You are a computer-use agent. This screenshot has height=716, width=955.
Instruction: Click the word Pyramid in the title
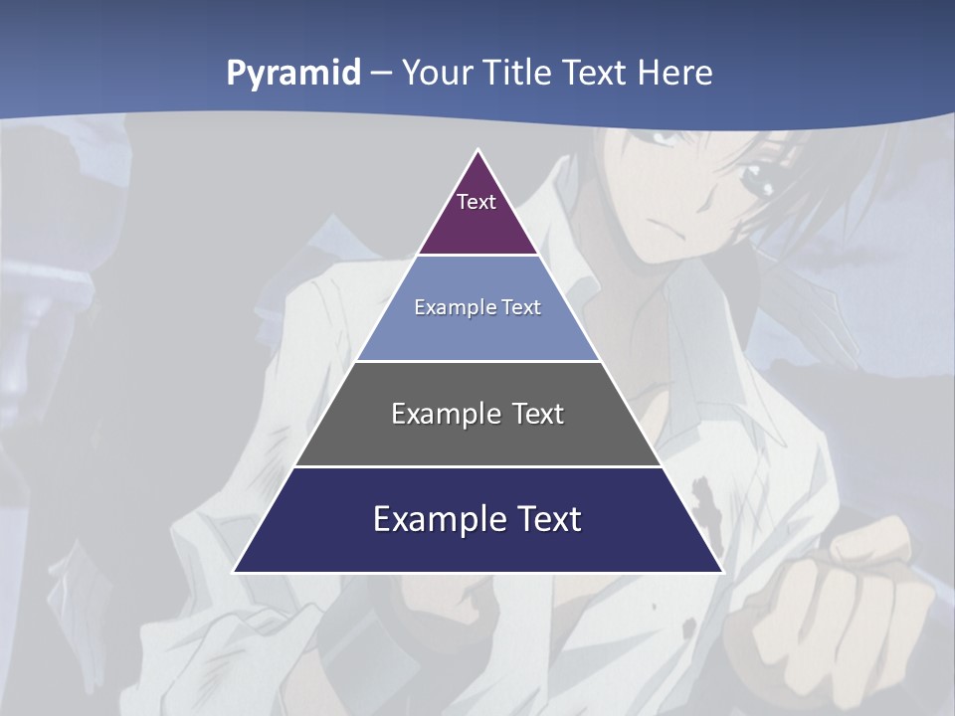[293, 74]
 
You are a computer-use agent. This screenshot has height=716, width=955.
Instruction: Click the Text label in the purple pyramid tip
[477, 202]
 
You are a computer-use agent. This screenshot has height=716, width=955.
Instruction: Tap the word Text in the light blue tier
[521, 307]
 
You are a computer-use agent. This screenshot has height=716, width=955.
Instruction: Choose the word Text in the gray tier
[538, 414]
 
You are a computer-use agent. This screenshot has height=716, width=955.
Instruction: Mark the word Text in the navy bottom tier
[548, 519]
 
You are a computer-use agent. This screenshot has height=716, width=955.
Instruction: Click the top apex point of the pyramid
[477, 150]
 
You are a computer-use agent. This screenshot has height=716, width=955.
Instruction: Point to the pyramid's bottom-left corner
[234, 572]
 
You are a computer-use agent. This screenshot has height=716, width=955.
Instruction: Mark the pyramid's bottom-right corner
[722, 572]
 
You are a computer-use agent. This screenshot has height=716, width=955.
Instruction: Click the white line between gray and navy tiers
[477, 466]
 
